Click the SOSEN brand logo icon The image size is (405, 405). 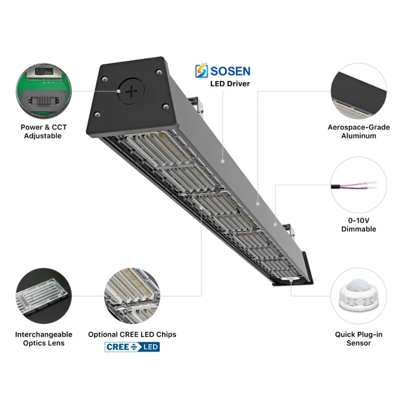[201, 70]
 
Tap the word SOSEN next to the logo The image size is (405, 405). [230, 71]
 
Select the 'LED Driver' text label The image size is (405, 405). [230, 84]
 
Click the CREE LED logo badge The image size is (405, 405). [132, 347]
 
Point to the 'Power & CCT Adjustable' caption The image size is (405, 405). [43, 132]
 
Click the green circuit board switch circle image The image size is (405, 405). [43, 91]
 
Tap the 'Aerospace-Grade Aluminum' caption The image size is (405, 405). [359, 132]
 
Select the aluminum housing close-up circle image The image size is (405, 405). [359, 91]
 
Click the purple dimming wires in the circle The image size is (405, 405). [354, 186]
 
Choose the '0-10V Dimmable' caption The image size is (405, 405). [359, 225]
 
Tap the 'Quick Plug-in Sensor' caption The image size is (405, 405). [359, 339]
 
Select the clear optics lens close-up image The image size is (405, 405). [43, 296]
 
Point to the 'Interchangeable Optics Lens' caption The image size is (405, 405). [43, 339]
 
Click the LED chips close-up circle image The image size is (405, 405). [132, 296]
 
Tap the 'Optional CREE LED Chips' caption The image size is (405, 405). [132, 335]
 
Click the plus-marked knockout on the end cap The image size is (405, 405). [132, 91]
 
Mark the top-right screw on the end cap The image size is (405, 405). [158, 72]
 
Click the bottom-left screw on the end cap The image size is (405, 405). [97, 114]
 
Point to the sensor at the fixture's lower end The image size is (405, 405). [290, 279]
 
